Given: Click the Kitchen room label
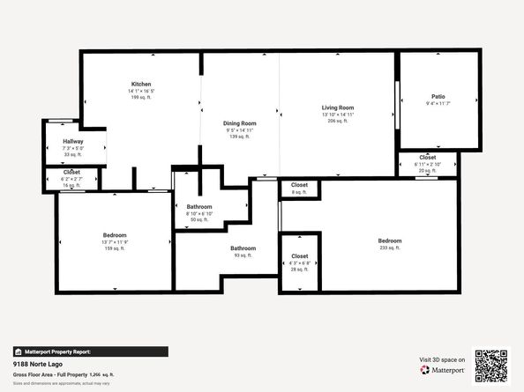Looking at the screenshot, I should coord(141,84).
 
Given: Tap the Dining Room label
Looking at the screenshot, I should coord(240,123).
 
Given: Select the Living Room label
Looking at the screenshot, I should coord(337,107).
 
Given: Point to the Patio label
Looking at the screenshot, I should coord(438,96).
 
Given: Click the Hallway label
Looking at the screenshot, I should coord(72,142).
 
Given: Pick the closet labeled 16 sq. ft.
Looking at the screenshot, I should coord(72,172).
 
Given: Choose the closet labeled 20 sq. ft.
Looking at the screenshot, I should coord(428,157).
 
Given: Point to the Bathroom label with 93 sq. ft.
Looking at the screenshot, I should coord(243,248).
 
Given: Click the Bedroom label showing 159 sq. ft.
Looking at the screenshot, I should coord(115,235).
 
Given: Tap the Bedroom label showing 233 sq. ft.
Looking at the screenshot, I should coord(390,241).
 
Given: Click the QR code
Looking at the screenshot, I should coord(491,365).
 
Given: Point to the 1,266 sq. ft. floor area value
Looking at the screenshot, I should coord(102,374).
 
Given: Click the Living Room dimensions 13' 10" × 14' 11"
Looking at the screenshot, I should coord(337,115).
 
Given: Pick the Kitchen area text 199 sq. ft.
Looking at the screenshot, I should coord(141,97).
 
